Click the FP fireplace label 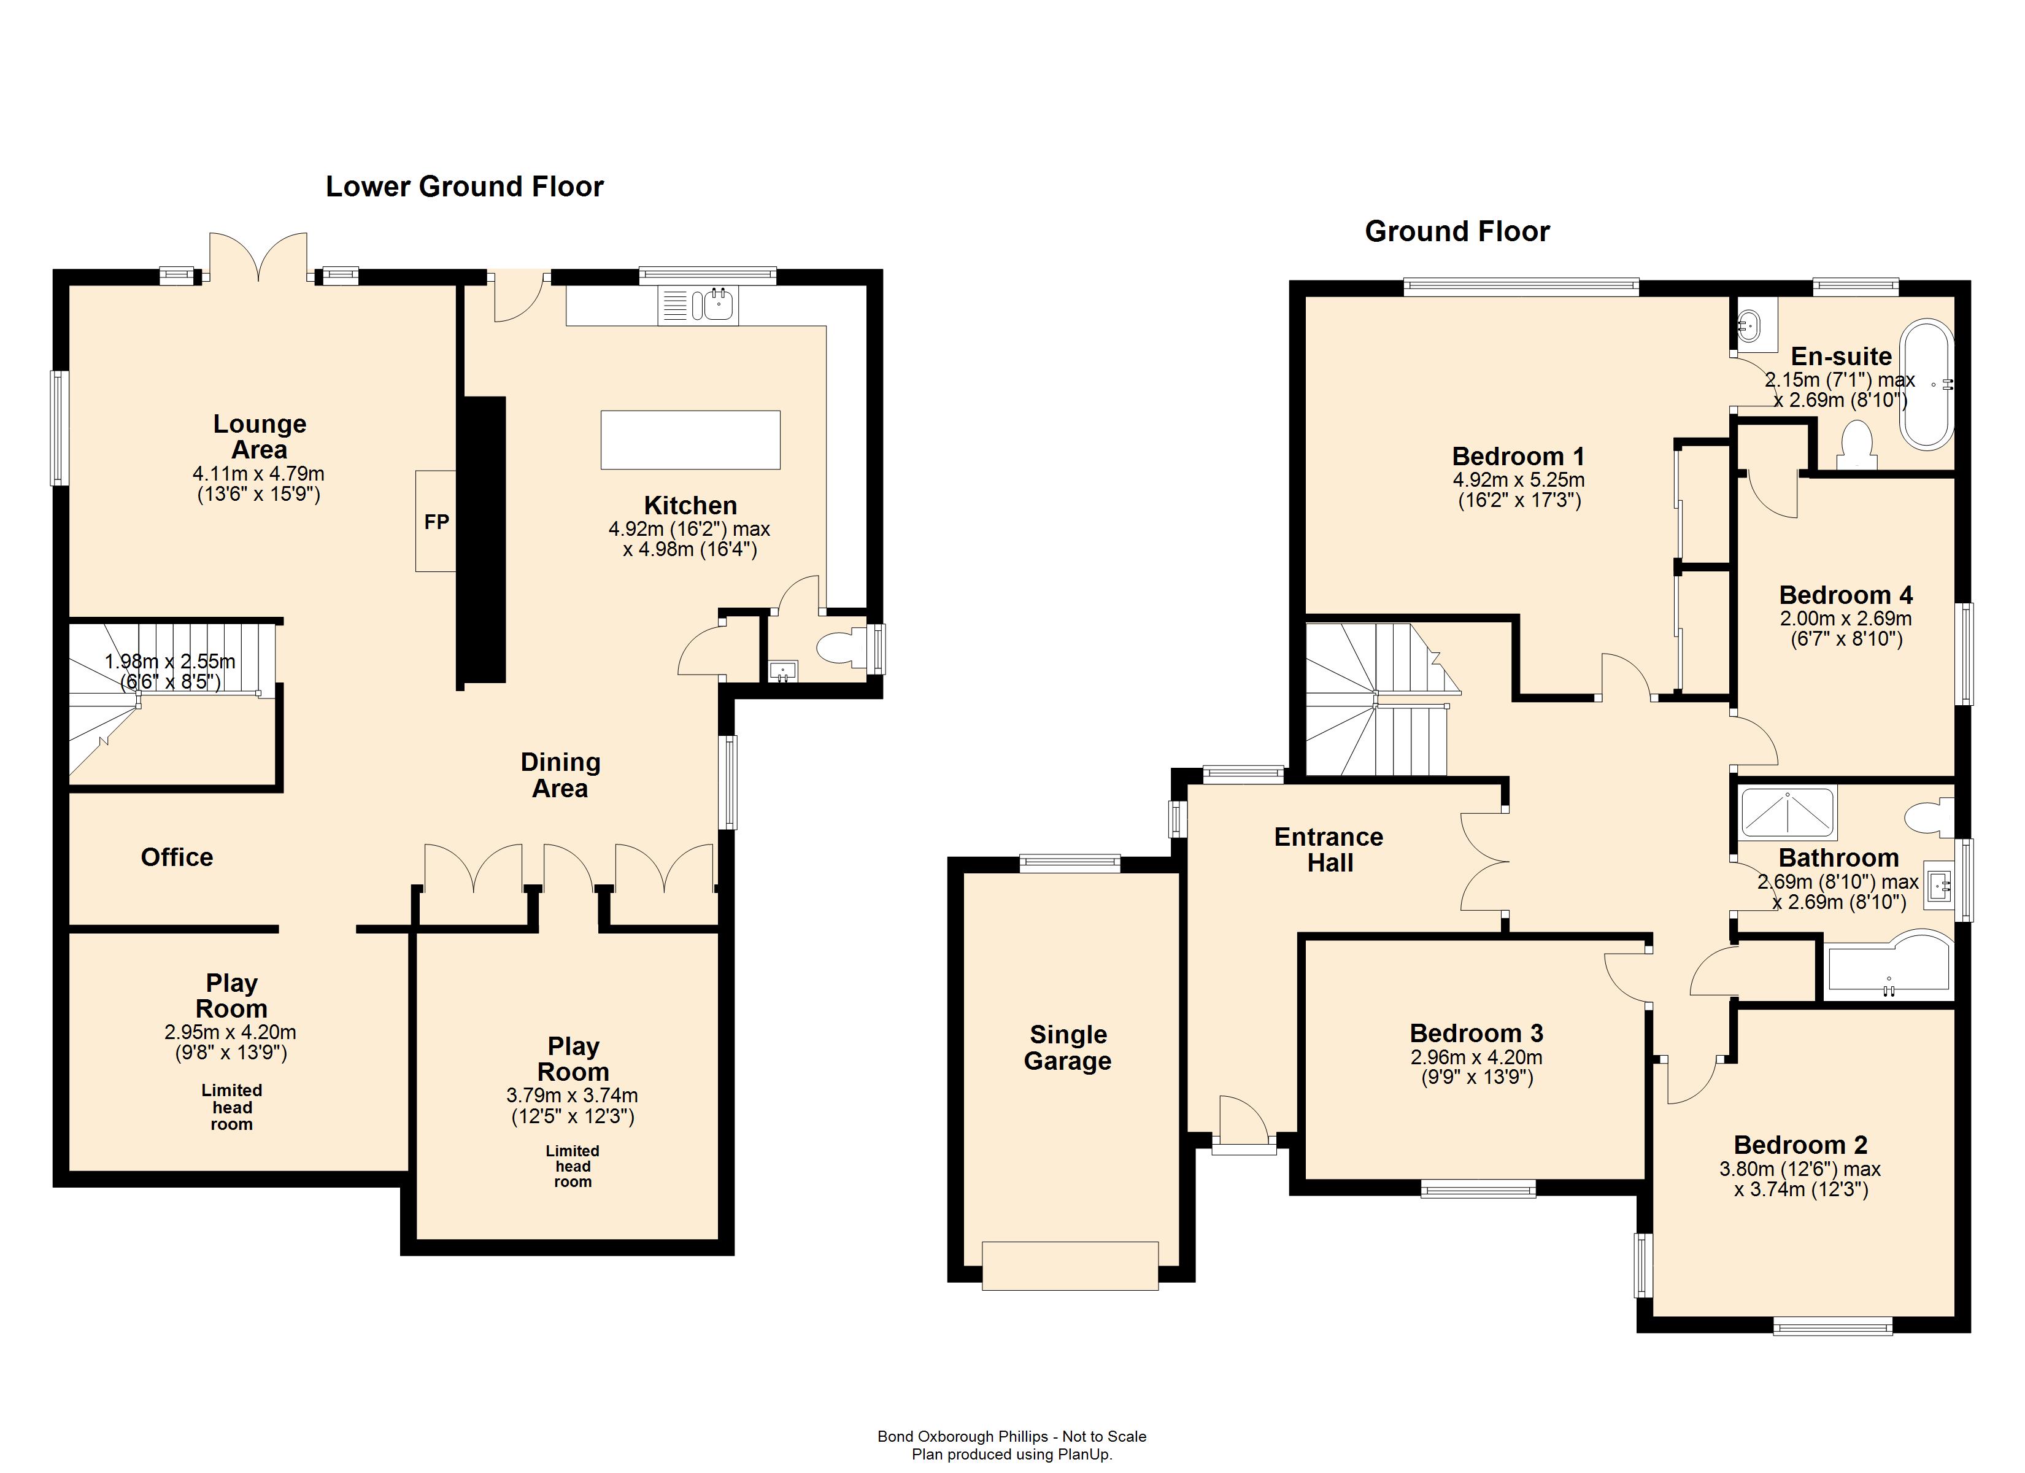pos(437,522)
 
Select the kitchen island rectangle pos(690,439)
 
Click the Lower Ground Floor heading pos(465,186)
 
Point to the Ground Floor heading pos(1457,231)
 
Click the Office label pos(177,857)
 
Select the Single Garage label pos(1068,1048)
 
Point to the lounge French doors pos(259,257)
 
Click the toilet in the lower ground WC pos(842,648)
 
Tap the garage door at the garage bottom pos(1070,1265)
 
